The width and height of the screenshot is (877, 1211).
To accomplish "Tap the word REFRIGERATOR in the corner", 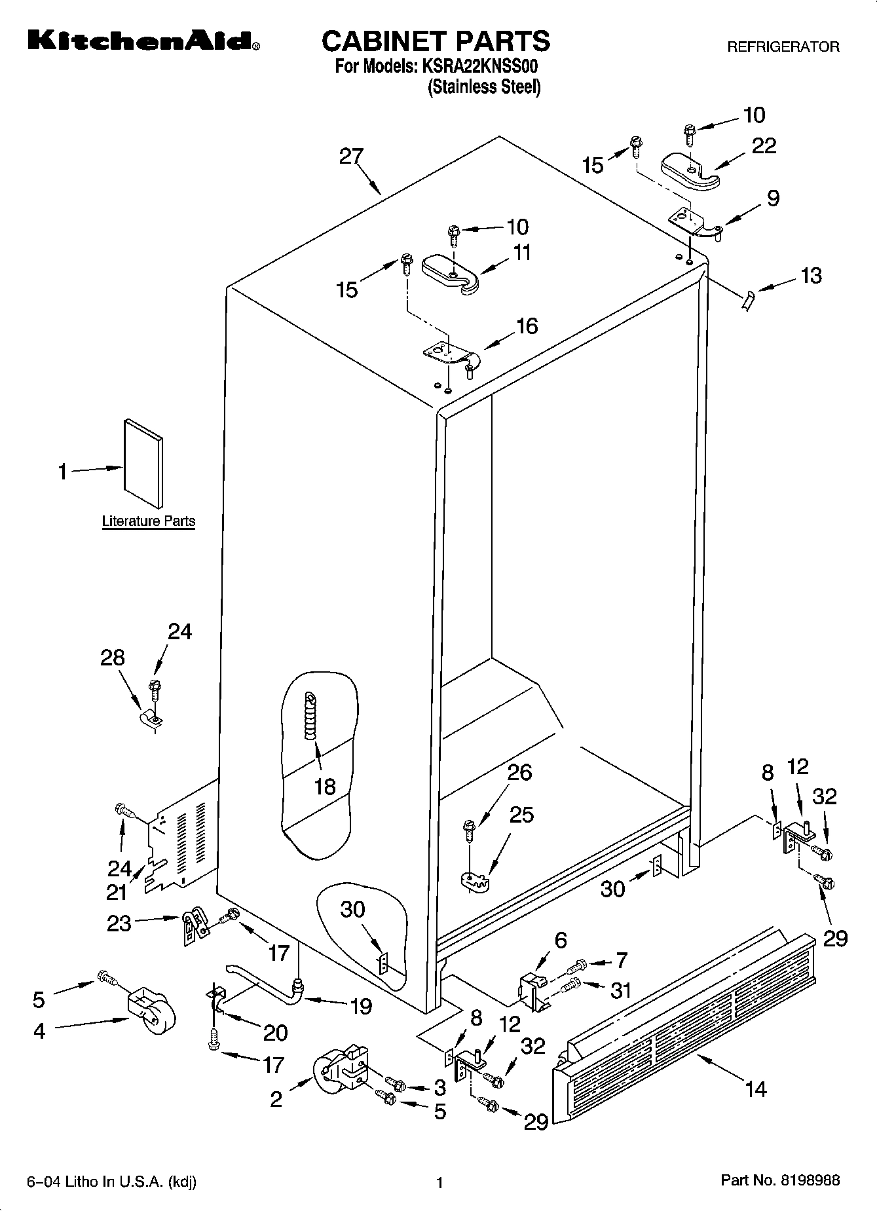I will pos(783,47).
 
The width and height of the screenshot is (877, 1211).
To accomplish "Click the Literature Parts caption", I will pos(149,521).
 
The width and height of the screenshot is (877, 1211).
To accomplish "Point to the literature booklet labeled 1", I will pos(143,464).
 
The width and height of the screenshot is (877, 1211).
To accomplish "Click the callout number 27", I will pos(351,157).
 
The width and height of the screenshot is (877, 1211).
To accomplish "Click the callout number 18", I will pos(325,786).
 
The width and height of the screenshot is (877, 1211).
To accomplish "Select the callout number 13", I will pos(810,276).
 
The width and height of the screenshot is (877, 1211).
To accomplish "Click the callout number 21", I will pos(117,892).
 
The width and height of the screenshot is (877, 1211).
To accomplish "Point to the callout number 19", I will pos(361,1005).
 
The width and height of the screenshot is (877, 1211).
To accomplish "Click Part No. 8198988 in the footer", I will pos(779,1181).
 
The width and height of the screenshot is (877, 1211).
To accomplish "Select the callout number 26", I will pos(519,772).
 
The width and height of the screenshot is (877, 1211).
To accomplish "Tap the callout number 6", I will pos(560,940).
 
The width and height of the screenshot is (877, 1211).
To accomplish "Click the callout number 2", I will pos(276,1099).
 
